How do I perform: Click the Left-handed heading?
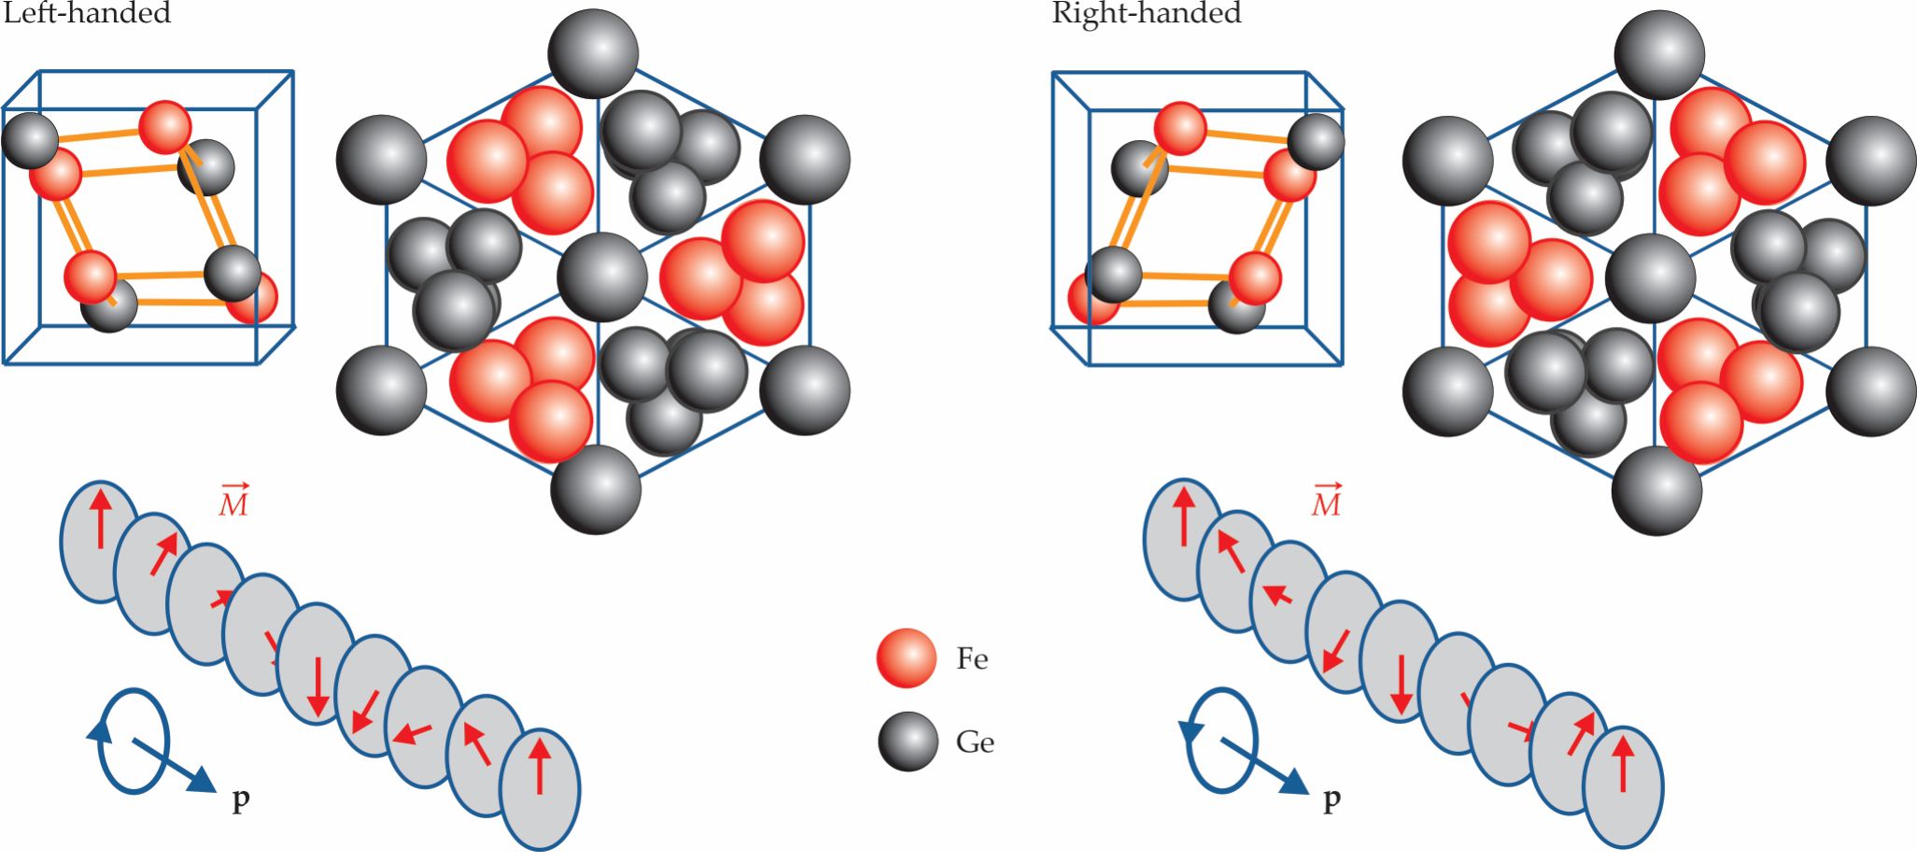[x=87, y=13]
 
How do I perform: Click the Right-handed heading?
[x=1146, y=13]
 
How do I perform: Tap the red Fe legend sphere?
[x=906, y=658]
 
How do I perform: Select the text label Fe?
[x=971, y=659]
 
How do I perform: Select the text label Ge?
[x=974, y=743]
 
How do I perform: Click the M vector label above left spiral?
[x=233, y=502]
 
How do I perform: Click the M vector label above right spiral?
[x=1326, y=502]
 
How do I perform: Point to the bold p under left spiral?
[x=240, y=799]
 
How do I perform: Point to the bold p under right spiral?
[x=1332, y=799]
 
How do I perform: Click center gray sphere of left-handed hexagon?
[x=602, y=277]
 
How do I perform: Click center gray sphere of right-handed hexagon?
[x=1650, y=277]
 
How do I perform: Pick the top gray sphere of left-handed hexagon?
[x=593, y=52]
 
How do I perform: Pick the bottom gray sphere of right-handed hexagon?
[x=1656, y=490]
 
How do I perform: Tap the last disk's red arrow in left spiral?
[x=539, y=765]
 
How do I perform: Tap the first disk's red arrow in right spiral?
[x=1183, y=514]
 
